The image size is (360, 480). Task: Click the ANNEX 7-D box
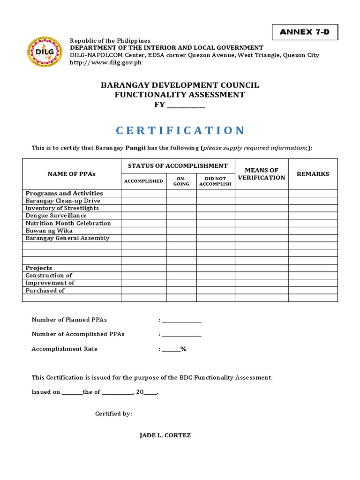pyautogui.click(x=305, y=32)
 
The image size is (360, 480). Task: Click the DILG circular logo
pyautogui.click(x=45, y=51)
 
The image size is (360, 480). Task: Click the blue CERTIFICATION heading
pyautogui.click(x=180, y=130)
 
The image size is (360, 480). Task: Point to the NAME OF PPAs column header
pyautogui.click(x=72, y=174)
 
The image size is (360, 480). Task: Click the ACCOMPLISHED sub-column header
pyautogui.click(x=143, y=181)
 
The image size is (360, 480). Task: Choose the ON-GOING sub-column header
pyautogui.click(x=181, y=181)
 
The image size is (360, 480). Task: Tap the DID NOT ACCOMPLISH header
pyautogui.click(x=216, y=181)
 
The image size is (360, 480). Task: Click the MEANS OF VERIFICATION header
pyautogui.click(x=262, y=174)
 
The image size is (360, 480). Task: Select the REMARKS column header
pyautogui.click(x=313, y=174)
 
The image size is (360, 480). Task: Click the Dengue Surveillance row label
pyautogui.click(x=56, y=216)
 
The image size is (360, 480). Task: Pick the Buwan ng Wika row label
pyautogui.click(x=49, y=231)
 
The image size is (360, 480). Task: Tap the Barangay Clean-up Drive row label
pyautogui.click(x=63, y=201)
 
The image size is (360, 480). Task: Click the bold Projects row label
pyautogui.click(x=39, y=268)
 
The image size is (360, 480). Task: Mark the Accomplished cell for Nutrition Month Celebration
pyautogui.click(x=143, y=223)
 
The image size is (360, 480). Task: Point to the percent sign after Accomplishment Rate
pyautogui.click(x=183, y=349)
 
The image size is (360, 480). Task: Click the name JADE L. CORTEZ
pyautogui.click(x=165, y=435)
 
